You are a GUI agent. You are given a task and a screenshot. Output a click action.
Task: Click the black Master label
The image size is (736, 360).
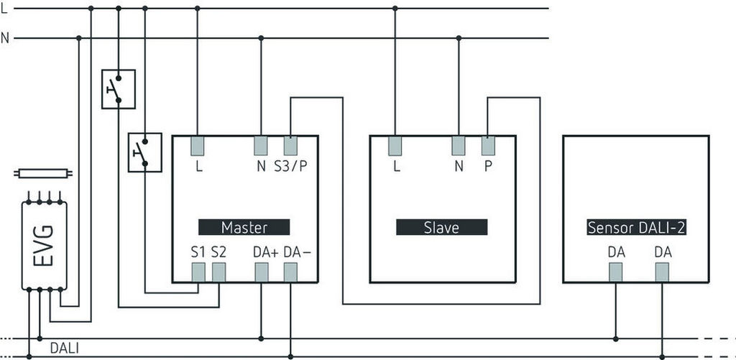click(x=244, y=227)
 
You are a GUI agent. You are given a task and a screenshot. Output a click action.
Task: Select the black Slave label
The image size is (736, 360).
click(x=441, y=227)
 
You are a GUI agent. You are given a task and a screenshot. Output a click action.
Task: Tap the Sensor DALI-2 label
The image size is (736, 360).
click(x=636, y=227)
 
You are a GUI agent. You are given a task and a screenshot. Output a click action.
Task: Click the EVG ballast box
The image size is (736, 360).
click(x=45, y=245)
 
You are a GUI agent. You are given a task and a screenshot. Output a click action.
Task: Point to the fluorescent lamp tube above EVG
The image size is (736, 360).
click(x=42, y=173)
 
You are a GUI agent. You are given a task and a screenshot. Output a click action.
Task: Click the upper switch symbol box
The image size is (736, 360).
click(x=119, y=89)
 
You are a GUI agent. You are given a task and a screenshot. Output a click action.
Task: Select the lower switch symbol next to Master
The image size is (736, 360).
click(x=144, y=152)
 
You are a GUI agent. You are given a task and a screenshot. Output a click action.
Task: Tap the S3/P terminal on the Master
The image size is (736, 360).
click(x=290, y=146)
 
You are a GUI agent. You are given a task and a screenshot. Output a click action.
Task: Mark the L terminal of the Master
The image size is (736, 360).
click(x=198, y=146)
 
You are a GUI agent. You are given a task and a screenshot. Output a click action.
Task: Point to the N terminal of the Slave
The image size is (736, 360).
click(x=459, y=146)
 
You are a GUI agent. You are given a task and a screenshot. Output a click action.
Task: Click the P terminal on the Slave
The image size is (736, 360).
click(x=488, y=146)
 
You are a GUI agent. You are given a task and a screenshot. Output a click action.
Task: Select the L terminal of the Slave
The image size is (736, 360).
click(x=395, y=146)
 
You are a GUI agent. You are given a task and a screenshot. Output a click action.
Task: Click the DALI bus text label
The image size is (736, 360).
click(x=65, y=349)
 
